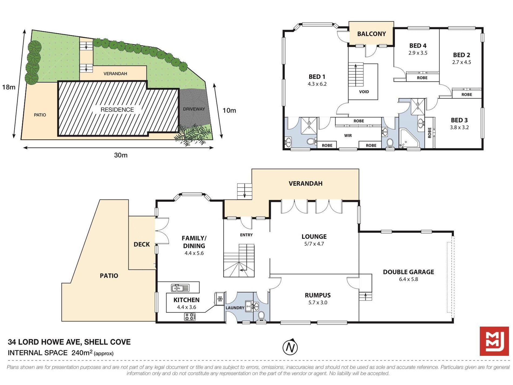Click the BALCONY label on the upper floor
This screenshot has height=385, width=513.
tap(371, 34)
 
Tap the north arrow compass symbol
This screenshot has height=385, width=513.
tap(290, 347)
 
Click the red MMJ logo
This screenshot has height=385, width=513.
tap(494, 341)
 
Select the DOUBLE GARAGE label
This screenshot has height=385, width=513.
tap(408, 272)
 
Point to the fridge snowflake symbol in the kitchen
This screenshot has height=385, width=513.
tap(220, 299)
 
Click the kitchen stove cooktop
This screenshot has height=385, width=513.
tap(190, 317)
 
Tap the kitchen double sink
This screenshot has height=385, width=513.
tap(180, 288)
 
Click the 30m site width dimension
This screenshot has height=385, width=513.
tap(121, 155)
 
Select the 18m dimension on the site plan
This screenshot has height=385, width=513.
tap(9, 87)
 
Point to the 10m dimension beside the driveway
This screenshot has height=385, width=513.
tap(229, 110)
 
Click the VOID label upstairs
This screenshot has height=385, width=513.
tap(364, 92)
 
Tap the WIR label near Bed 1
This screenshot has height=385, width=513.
tap(348, 135)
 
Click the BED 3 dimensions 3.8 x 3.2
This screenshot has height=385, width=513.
tap(459, 128)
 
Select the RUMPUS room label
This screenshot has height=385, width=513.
tap(318, 295)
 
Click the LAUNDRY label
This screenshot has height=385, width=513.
tap(235, 308)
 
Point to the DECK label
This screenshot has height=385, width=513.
tap(142, 244)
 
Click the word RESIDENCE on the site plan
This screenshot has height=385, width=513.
tap(117, 110)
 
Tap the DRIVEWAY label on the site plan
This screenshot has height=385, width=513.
tap(194, 109)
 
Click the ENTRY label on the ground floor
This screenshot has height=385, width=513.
tap(246, 235)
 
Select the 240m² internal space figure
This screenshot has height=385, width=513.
tap(82, 352)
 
